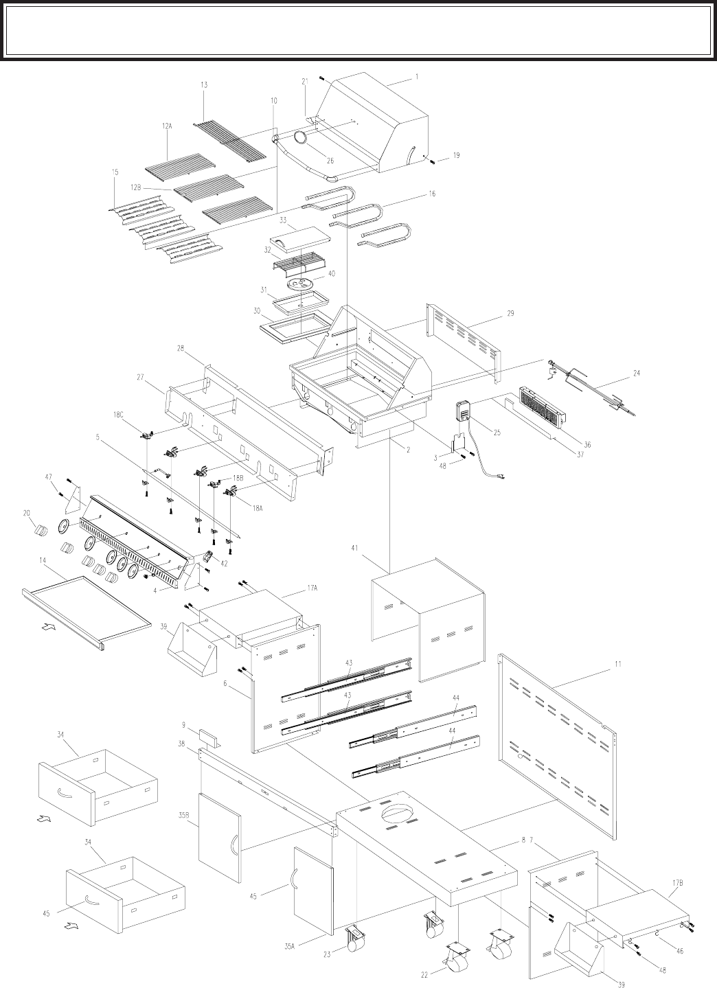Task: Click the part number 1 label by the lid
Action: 416,77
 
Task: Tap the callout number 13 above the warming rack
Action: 204,85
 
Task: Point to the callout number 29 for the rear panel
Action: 510,314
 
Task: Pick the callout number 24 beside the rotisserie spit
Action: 636,373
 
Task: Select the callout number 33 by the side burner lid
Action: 283,220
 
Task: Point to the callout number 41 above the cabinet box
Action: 354,549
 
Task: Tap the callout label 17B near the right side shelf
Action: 677,846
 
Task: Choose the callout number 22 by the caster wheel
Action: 424,975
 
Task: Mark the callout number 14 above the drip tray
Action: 43,561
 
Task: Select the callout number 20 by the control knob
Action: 27,513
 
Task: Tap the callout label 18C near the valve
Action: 118,414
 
